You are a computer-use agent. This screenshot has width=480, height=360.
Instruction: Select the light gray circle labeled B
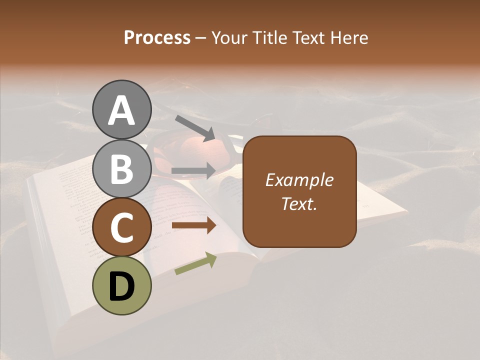[x=121, y=168]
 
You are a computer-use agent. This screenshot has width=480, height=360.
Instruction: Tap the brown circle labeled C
[x=121, y=227]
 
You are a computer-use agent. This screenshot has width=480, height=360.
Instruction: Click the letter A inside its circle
[x=121, y=110]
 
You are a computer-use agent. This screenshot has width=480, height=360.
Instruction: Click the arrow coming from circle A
[x=195, y=127]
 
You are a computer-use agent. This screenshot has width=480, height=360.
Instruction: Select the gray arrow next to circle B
[x=194, y=170]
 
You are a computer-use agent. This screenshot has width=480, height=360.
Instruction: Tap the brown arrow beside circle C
[x=194, y=226]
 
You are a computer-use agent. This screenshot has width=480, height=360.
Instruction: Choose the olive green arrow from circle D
[x=195, y=264]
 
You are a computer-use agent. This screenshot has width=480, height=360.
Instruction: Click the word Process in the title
[x=157, y=38]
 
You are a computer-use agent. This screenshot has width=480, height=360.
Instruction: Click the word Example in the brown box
[x=299, y=180]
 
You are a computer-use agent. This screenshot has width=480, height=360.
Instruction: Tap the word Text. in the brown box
[x=299, y=203]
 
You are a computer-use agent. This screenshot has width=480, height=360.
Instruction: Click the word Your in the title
[x=229, y=38]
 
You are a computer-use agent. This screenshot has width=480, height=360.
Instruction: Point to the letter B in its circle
[x=121, y=168]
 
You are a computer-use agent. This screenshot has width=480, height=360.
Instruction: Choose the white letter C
[x=121, y=227]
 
